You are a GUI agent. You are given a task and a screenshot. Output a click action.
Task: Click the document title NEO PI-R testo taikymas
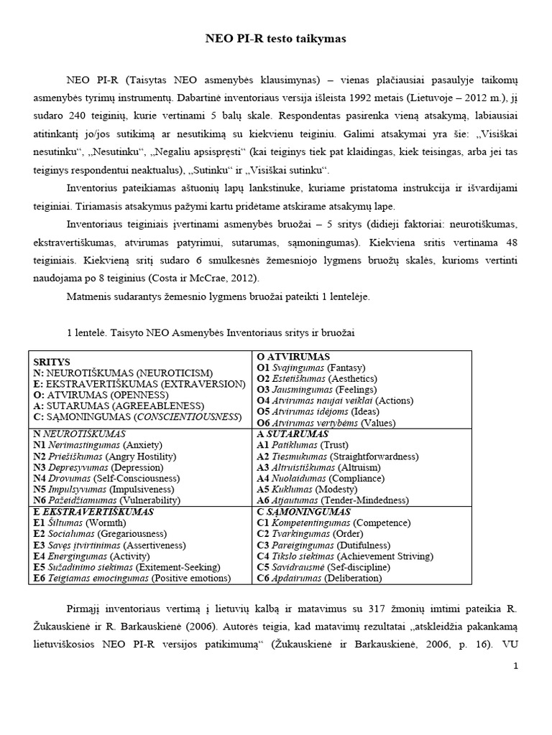[x=276, y=39]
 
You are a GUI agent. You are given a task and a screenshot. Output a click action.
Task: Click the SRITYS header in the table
[x=51, y=362]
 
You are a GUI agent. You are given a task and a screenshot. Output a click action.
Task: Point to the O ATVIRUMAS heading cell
[x=293, y=356]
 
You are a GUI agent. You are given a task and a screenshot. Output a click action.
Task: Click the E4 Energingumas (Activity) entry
[x=94, y=556]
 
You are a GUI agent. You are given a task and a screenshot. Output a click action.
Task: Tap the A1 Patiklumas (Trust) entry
[x=302, y=445]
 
